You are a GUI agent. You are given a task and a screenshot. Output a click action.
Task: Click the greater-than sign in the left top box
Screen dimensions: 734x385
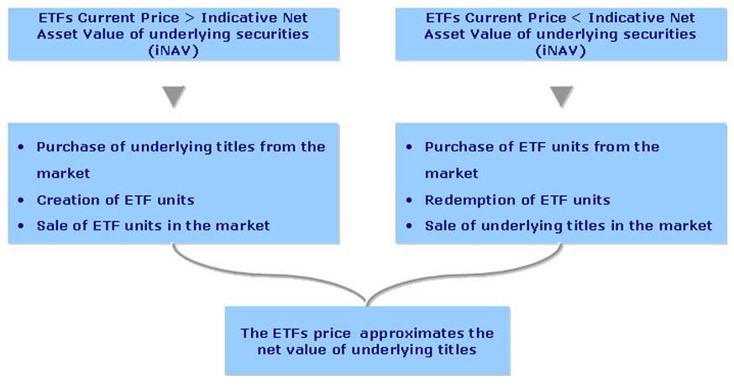(x=190, y=18)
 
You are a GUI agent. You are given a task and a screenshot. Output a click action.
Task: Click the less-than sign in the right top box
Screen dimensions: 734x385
(x=577, y=18)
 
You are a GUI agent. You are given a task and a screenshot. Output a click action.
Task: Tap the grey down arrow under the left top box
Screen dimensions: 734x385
(x=174, y=97)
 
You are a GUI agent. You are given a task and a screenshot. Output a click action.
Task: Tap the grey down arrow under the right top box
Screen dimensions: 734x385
(x=562, y=97)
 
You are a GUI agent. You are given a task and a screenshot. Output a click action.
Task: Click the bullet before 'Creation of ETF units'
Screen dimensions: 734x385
(x=21, y=200)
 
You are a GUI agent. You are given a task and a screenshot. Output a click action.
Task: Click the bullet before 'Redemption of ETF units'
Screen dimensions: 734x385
(x=409, y=200)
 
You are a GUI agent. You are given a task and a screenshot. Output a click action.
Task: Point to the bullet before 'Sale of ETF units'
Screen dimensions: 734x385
(x=21, y=226)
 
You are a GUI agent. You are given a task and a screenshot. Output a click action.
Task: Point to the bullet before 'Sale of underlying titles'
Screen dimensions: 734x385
(x=409, y=226)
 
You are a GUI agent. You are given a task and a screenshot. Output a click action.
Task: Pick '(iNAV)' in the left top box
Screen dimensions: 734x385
(x=174, y=50)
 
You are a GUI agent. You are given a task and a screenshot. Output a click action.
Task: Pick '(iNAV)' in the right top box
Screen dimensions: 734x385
(x=561, y=50)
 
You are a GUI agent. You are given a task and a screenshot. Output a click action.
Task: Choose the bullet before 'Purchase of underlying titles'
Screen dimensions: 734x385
(x=21, y=147)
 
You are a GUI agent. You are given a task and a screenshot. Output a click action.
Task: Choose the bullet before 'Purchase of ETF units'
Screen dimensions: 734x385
(x=409, y=147)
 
